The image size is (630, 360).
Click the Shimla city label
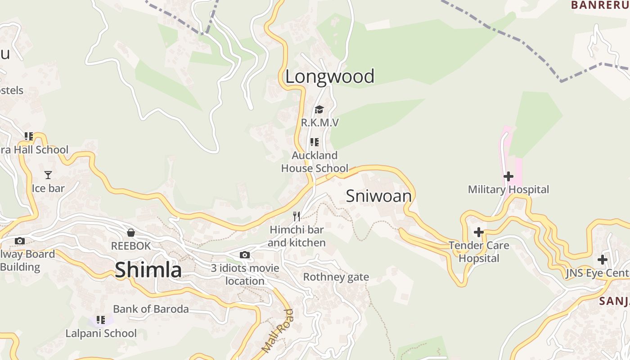(148, 270)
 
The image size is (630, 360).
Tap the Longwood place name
(329, 76)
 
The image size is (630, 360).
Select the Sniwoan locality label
(378, 196)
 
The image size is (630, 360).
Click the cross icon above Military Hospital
(508, 176)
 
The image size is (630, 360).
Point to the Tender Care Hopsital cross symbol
(479, 232)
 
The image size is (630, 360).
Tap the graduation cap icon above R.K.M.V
(319, 109)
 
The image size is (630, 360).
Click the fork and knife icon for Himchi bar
(296, 216)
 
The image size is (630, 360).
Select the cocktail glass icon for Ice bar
(48, 175)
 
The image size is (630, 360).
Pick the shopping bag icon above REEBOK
(131, 233)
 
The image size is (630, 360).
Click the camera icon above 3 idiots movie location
(244, 255)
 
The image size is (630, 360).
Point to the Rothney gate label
(336, 277)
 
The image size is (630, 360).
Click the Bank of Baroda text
(151, 309)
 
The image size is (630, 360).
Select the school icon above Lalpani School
(101, 320)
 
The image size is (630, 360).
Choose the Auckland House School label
(315, 162)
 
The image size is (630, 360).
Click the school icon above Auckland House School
(315, 142)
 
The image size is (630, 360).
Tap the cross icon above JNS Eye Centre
(602, 260)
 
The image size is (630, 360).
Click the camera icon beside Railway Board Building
(19, 241)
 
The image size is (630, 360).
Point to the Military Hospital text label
(508, 189)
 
